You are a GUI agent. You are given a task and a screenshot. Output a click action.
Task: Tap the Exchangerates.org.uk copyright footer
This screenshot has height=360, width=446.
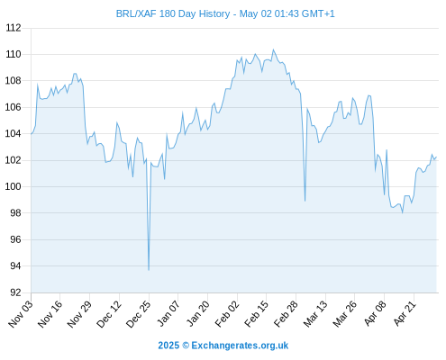pyautogui.click(x=223, y=346)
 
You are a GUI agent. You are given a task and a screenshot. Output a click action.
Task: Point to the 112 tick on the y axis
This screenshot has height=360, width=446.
pyautogui.click(x=14, y=28)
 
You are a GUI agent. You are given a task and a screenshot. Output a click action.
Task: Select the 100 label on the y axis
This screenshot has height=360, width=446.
pyautogui.click(x=14, y=186)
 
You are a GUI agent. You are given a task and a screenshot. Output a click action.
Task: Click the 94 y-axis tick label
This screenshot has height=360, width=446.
pyautogui.click(x=15, y=265)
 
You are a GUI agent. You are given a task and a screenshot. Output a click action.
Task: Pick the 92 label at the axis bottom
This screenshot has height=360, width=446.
pyautogui.click(x=15, y=292)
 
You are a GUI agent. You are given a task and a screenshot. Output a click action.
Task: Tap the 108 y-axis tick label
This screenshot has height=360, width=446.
pyautogui.click(x=14, y=81)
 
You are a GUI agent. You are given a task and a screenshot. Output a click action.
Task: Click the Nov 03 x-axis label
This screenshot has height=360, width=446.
pyautogui.click(x=20, y=313)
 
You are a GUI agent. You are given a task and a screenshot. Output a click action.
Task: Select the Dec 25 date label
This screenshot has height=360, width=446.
pyautogui.click(x=138, y=313)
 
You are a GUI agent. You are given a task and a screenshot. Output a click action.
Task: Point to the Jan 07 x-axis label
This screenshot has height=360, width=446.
pyautogui.click(x=168, y=313)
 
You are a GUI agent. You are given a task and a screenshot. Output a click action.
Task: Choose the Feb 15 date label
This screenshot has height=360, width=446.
pyautogui.click(x=256, y=313)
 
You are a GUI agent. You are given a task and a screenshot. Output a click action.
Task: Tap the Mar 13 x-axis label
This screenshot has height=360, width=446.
pyautogui.click(x=315, y=313)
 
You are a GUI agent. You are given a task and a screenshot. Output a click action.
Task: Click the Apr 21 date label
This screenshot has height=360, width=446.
pyautogui.click(x=405, y=313)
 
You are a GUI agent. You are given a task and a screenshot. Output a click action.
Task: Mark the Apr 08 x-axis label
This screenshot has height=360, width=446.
pyautogui.click(x=375, y=313)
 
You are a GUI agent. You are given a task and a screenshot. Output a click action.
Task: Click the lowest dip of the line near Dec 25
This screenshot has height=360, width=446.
pyautogui.click(x=149, y=270)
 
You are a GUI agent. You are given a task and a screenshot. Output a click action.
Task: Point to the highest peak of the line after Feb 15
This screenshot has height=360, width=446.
pyautogui.click(x=273, y=49)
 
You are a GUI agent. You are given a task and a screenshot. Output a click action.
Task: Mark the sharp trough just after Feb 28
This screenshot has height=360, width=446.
pyautogui.click(x=305, y=201)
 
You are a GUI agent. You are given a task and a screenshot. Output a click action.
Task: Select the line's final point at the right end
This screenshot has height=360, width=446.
pyautogui.click(x=436, y=157)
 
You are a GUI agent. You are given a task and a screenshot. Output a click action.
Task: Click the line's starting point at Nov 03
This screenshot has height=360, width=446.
pyautogui.click(x=32, y=134)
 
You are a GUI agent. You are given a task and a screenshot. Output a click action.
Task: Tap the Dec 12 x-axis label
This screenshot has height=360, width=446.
pyautogui.click(x=109, y=313)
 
